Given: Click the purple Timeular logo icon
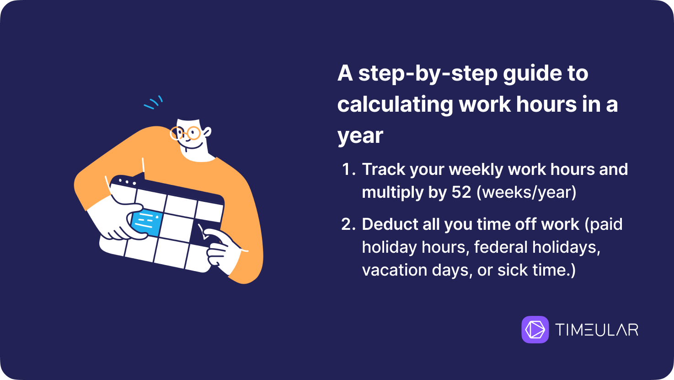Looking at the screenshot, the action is coord(535,329).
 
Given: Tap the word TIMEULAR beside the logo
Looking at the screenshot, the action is coord(597,330).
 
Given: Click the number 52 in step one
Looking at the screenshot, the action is coord(461,192).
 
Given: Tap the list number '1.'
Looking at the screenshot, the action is coord(349,169).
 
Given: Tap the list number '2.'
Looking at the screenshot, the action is coord(348,224).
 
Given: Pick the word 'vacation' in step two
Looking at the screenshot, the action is coord(395,270).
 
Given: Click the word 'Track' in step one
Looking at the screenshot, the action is coord(384,169).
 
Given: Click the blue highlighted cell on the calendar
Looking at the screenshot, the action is coord(146,223).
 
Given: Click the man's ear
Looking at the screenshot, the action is coord(207,132).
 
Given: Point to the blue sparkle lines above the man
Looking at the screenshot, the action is coord(153,103).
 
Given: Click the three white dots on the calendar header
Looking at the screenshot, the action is coord(127,182).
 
